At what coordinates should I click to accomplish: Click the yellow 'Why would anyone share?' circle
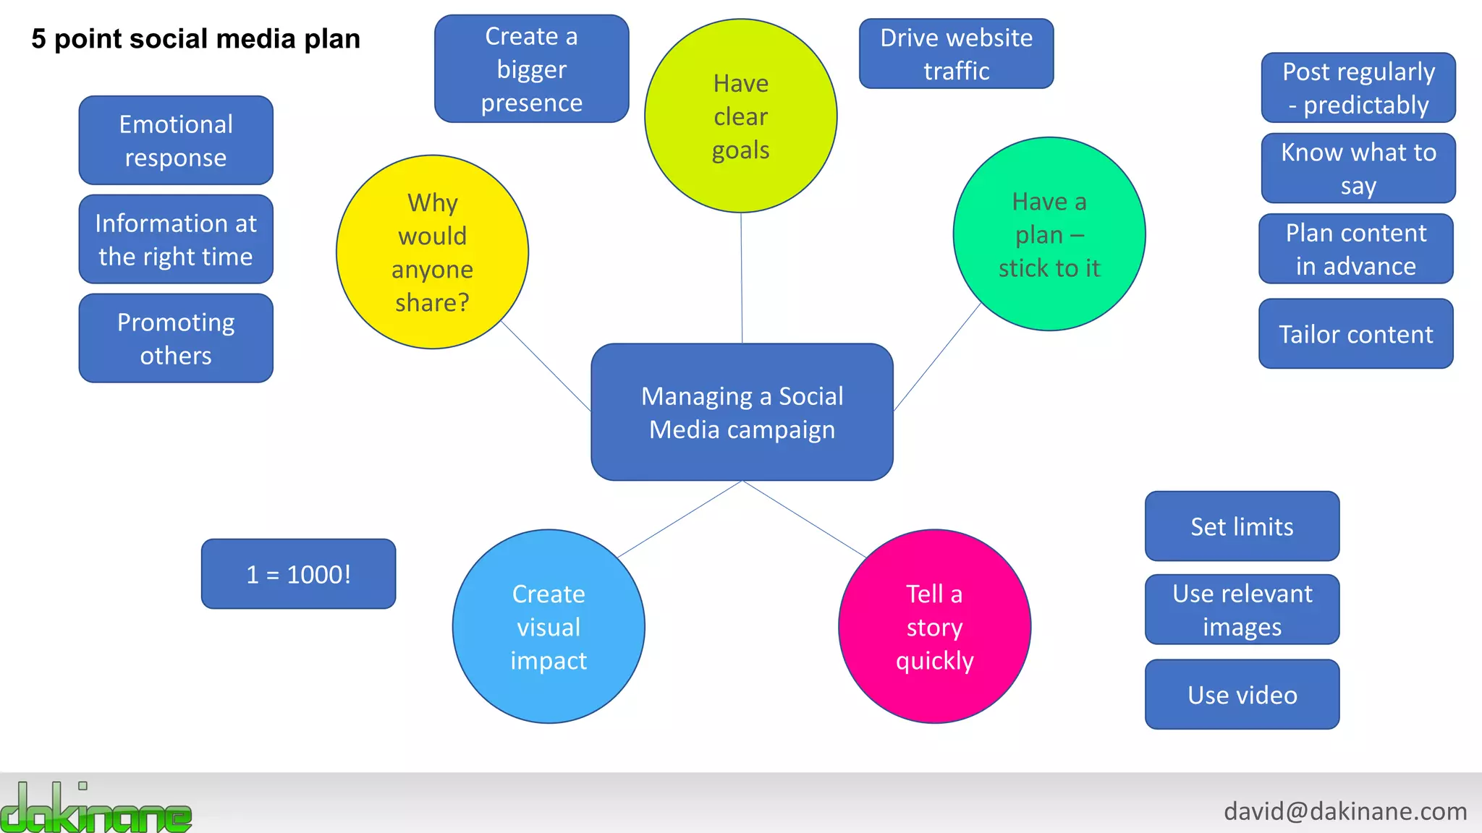tap(432, 252)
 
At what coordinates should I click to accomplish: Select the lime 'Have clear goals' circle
tap(740, 116)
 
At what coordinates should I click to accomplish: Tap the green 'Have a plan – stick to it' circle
tap(1049, 234)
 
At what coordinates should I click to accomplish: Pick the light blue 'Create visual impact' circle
tap(549, 626)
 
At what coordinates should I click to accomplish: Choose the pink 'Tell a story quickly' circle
tap(934, 626)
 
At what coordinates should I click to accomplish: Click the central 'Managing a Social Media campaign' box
tap(742, 412)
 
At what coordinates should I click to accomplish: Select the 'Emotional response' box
tap(176, 140)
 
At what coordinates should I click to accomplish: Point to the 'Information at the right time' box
tap(176, 239)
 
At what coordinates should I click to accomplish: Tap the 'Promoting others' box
tap(176, 338)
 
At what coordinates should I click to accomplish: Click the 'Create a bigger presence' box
tap(531, 69)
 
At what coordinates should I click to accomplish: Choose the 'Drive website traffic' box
tap(956, 54)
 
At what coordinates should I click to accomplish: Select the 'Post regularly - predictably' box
tap(1358, 87)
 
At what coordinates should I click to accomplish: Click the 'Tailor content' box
tap(1355, 334)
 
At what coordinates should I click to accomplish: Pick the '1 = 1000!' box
tap(298, 574)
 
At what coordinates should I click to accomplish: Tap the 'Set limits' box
tap(1242, 526)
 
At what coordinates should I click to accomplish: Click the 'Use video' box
tap(1242, 695)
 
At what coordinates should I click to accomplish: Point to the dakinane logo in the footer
tap(96, 808)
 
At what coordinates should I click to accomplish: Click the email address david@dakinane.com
tap(1345, 811)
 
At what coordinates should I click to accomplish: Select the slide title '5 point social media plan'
tap(195, 38)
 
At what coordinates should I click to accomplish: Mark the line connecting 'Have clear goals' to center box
tap(742, 278)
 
